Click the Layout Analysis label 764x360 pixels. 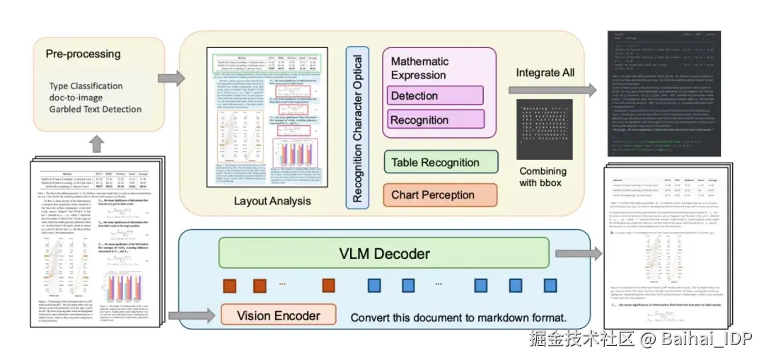click(x=272, y=202)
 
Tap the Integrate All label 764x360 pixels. click(x=545, y=72)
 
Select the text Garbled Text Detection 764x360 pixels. click(x=95, y=109)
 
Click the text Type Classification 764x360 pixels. click(x=86, y=86)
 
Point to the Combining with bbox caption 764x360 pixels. click(x=543, y=177)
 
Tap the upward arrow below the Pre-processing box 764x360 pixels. click(x=97, y=144)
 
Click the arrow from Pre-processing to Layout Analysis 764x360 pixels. click(x=169, y=77)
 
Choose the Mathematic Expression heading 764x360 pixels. click(x=419, y=68)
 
